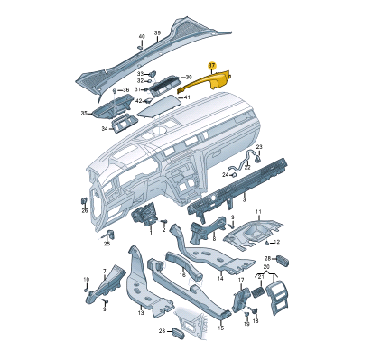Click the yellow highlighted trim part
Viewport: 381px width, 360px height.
click(x=210, y=82)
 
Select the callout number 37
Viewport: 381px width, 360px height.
click(x=212, y=65)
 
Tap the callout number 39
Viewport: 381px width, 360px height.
click(x=157, y=32)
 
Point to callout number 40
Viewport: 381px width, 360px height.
click(x=142, y=36)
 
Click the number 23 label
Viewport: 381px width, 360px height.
click(x=259, y=147)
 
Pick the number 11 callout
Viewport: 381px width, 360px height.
click(x=258, y=212)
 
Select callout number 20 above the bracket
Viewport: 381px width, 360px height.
click(x=266, y=266)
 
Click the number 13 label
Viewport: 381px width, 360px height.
click(x=141, y=313)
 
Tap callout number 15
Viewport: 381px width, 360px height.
click(x=221, y=328)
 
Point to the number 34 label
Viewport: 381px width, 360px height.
click(x=105, y=129)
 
